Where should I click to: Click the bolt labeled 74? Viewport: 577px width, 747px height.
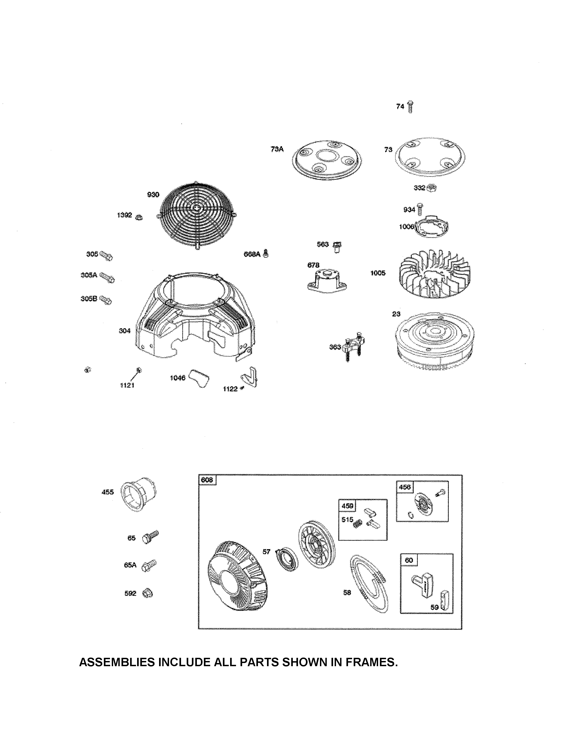pos(410,107)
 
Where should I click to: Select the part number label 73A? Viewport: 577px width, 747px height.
pos(277,149)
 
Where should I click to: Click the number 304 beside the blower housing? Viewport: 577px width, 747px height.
pos(124,331)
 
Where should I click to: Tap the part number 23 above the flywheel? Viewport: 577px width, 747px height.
pos(396,314)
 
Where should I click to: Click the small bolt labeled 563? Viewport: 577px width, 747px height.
pos(337,246)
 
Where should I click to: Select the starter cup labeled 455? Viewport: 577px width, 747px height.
pos(140,494)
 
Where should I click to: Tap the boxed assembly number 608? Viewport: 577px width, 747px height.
pos(207,480)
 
